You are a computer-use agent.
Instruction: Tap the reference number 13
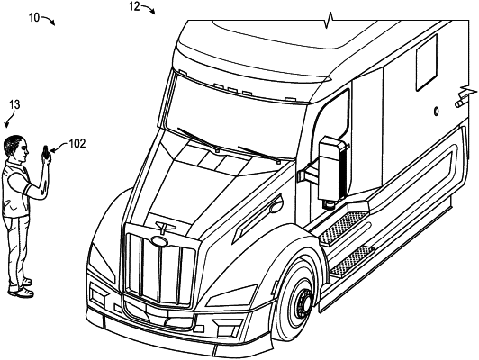(14, 105)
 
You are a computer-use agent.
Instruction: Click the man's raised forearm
(41, 180)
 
